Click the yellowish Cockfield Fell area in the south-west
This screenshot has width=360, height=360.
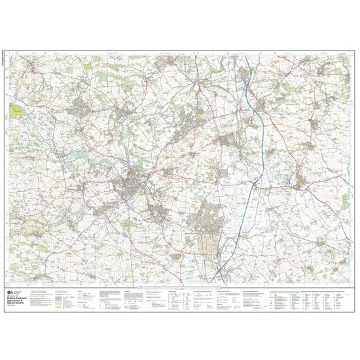(33, 229)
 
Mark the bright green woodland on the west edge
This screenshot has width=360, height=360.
(10, 109)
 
